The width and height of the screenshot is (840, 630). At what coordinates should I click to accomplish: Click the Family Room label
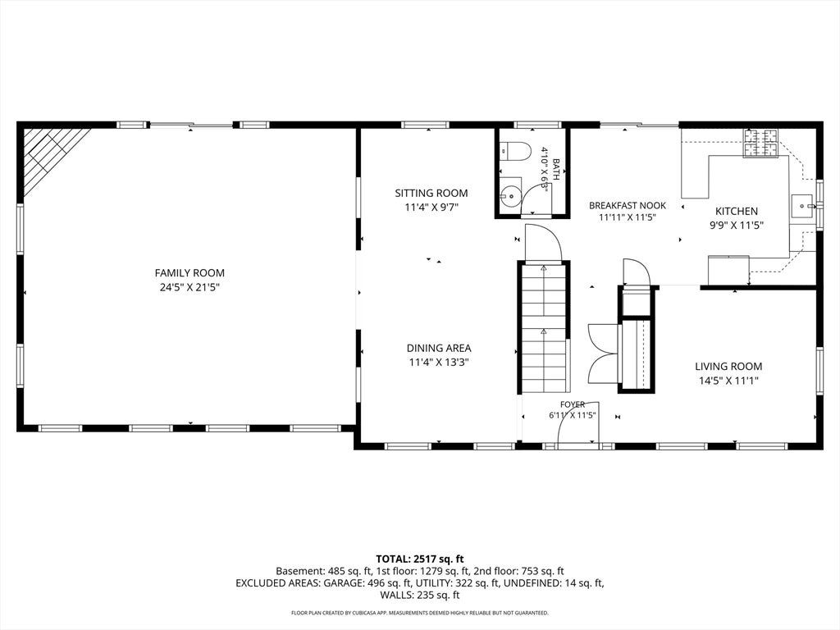coord(189,273)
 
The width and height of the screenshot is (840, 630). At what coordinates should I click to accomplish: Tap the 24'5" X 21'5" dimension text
coord(189,288)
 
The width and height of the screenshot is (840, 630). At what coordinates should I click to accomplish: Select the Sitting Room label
coord(431,194)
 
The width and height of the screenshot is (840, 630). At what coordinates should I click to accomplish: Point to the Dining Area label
coord(439,348)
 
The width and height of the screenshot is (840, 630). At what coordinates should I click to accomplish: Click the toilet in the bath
coord(515,151)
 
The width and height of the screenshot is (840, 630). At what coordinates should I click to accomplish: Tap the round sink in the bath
coord(511,195)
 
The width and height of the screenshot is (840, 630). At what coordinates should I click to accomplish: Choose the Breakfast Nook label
coord(628,206)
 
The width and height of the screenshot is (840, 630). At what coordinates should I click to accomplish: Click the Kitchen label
coord(737,212)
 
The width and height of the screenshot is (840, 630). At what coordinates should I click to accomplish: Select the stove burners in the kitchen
coord(760,143)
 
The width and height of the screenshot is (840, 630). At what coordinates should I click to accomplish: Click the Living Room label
coord(728,367)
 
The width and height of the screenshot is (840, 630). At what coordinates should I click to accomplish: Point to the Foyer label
coord(573,404)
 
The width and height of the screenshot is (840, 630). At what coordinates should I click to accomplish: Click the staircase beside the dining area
coord(544,327)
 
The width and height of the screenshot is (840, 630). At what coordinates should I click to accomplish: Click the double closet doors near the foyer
coord(603,353)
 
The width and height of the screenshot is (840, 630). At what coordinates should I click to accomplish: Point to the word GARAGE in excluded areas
coord(344,583)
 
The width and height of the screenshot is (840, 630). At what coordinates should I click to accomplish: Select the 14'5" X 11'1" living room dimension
coord(728,381)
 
